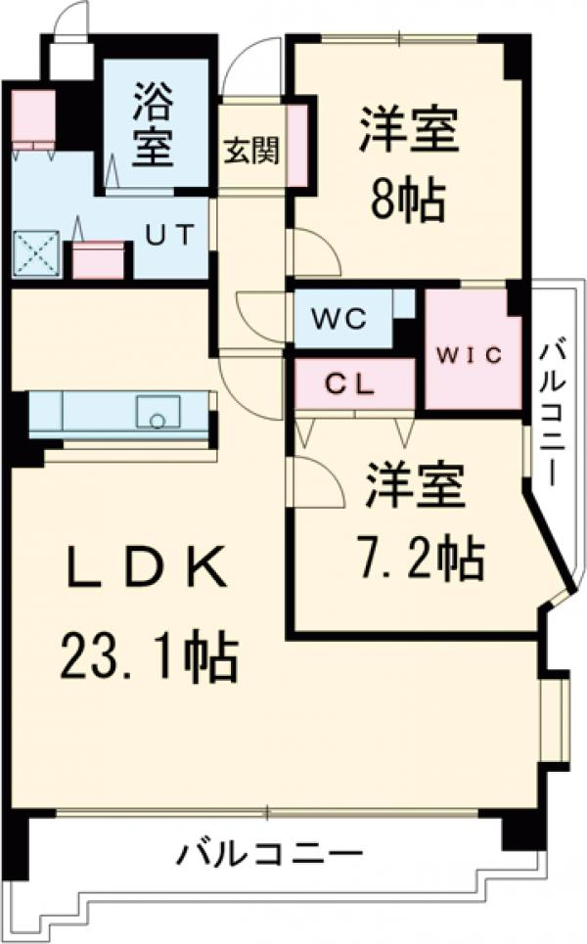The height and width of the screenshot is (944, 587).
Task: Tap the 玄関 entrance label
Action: coord(251,152)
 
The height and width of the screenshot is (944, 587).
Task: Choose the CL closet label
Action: coord(350,384)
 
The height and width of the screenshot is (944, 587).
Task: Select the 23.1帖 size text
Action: coord(149,658)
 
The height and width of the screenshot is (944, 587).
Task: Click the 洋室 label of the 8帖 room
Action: coord(409,134)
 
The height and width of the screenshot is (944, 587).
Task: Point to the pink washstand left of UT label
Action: coord(98,259)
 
